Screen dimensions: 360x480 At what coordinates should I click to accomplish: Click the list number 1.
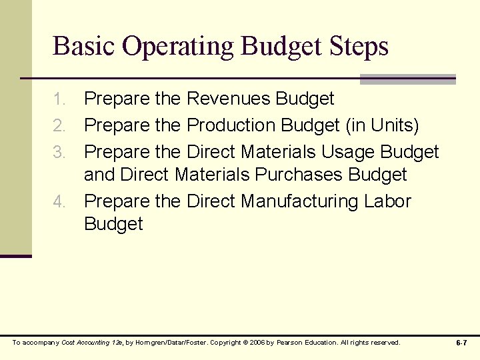coord(61,99)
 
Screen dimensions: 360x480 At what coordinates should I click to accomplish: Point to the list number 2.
coord(61,125)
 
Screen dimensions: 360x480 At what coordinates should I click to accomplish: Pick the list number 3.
coord(61,151)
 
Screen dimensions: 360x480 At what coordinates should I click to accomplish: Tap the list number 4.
coord(61,201)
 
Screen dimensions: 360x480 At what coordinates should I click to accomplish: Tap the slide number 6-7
coord(461,343)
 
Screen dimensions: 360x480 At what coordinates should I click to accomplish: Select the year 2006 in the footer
coord(250,343)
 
